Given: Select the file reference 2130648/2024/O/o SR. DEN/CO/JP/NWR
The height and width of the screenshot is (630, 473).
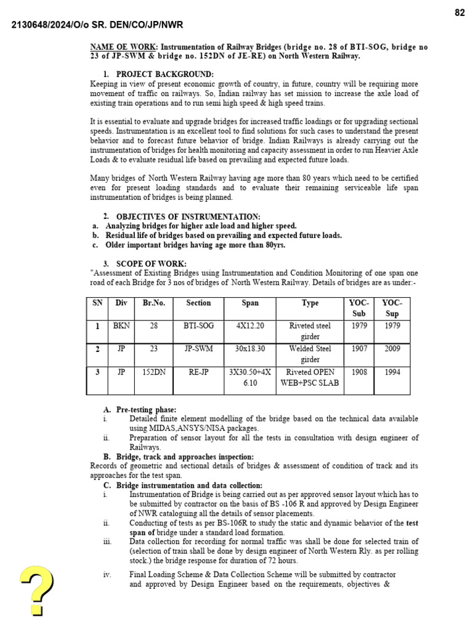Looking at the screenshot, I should [97, 25].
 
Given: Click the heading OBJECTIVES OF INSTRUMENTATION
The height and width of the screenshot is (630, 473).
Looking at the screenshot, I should [188, 217].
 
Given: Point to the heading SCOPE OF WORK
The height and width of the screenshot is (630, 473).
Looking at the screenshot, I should [151, 264].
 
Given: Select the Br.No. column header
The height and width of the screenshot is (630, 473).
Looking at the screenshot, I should [154, 303].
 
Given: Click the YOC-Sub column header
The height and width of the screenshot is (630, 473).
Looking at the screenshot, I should [359, 308].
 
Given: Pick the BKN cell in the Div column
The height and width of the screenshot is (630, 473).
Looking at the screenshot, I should [121, 326].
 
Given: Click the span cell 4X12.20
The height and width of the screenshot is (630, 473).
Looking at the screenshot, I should [250, 326].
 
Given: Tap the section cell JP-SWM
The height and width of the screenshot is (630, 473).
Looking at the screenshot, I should [198, 349].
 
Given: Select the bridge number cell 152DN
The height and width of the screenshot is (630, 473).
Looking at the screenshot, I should [154, 372].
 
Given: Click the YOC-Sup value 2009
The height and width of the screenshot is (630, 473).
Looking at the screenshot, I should [392, 349].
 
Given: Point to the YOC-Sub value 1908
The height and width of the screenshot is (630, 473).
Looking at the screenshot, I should [359, 372].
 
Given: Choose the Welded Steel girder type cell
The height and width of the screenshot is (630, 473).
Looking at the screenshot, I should [310, 354].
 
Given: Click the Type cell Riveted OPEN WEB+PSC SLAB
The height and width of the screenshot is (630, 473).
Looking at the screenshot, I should [310, 378].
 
